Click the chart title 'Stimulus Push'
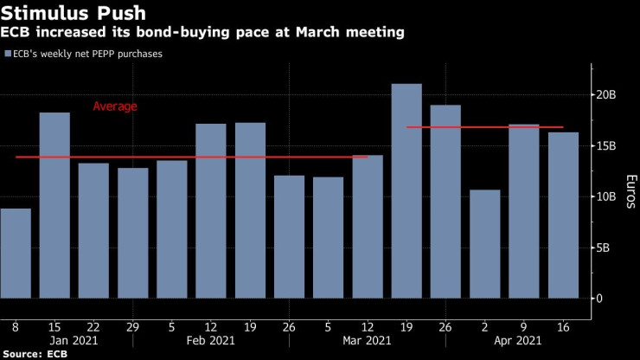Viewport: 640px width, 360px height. pos(73,13)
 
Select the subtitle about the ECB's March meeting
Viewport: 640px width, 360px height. pos(204,33)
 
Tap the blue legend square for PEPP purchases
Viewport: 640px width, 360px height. pos(7,54)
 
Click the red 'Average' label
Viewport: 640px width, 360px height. pos(115,106)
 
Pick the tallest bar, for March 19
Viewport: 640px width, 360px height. pos(406,191)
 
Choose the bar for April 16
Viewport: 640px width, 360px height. pos(563,215)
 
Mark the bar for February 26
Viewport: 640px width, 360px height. pos(289,237)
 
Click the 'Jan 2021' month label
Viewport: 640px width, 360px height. pos(74,342)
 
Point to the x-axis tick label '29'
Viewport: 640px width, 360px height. pos(132,327)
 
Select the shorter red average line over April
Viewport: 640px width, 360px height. pos(484,127)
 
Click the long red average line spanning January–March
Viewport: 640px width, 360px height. pos(190,157)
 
